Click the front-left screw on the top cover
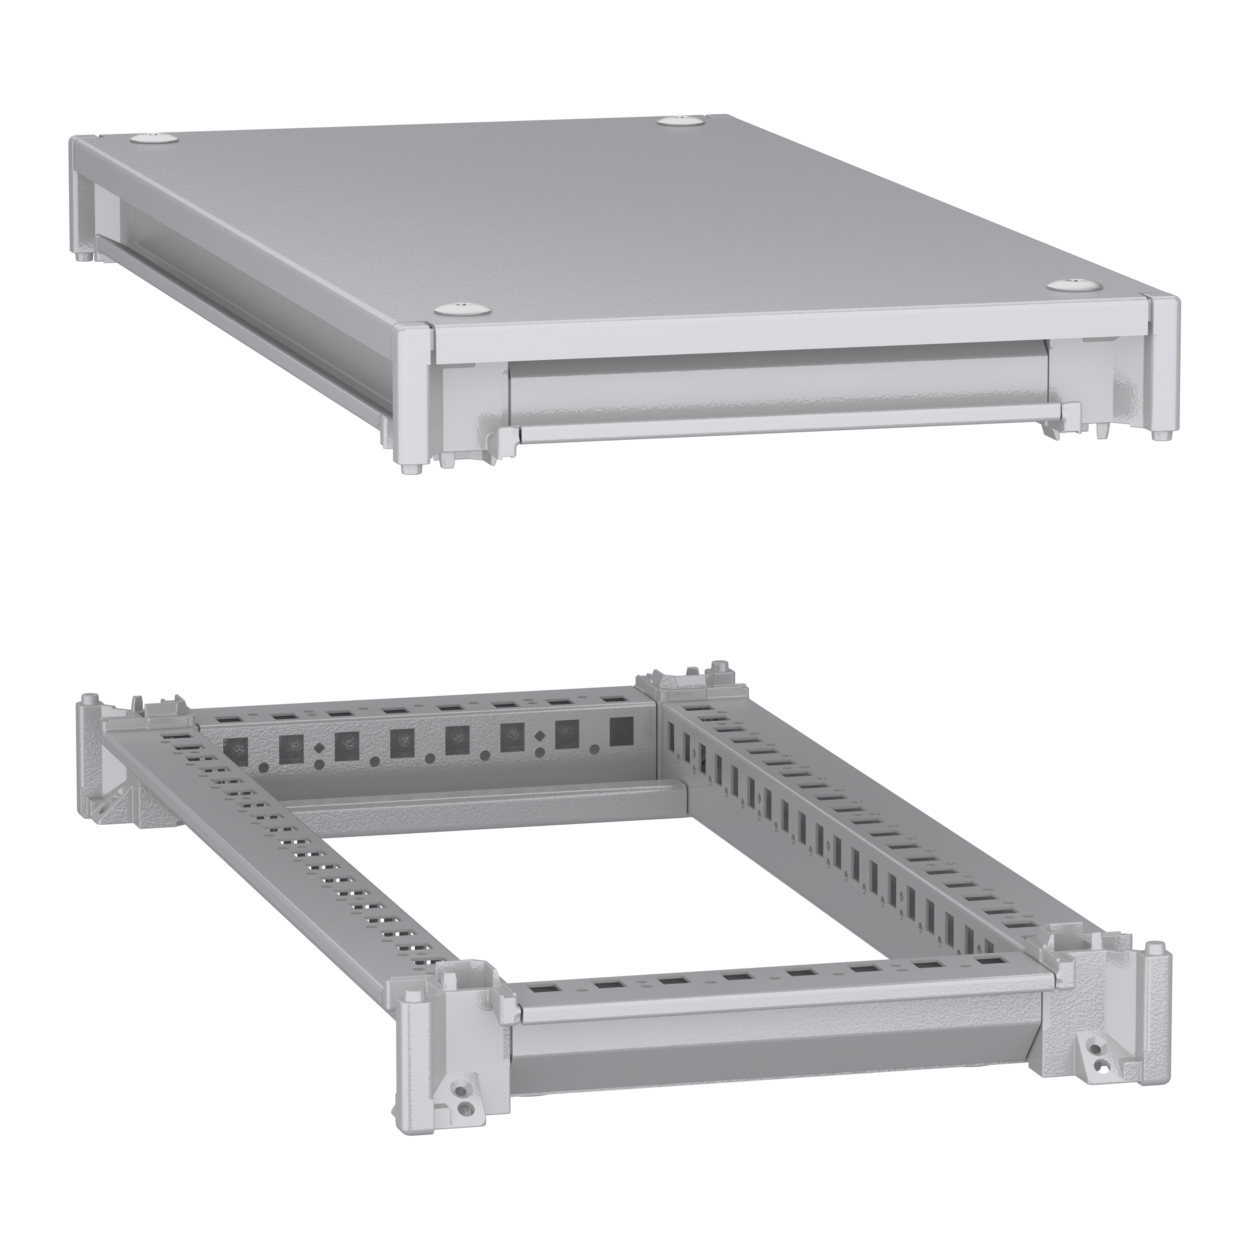(x=460, y=308)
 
